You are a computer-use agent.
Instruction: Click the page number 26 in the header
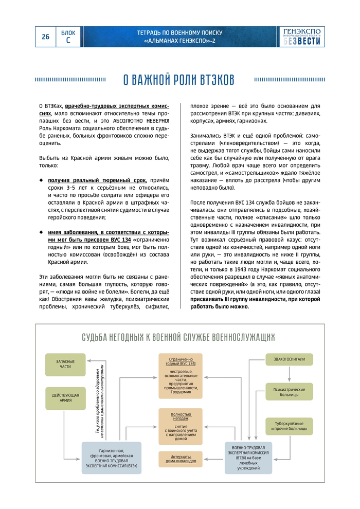coord(45,37)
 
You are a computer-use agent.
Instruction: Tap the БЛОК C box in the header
coord(68,37)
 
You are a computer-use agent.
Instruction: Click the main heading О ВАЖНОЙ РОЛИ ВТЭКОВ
coord(179,80)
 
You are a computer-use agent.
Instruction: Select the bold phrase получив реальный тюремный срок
coord(97,181)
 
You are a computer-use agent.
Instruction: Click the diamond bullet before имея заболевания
coord(41,232)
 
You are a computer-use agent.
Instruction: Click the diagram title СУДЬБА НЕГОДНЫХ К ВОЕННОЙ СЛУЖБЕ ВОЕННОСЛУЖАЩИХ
coord(178,337)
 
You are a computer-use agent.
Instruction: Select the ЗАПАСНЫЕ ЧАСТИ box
coord(65,364)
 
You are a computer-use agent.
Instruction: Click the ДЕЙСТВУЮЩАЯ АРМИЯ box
coord(65,398)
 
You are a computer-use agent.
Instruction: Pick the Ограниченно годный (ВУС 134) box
coord(180,376)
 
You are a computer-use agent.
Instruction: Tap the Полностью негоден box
coord(180,426)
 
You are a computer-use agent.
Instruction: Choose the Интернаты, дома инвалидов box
coord(180,459)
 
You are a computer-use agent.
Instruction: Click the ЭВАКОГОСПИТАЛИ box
coord(289,360)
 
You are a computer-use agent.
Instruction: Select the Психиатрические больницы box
coord(289,393)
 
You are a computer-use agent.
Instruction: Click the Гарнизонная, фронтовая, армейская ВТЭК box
coord(112,458)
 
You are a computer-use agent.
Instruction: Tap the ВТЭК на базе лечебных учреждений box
coord(248,458)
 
